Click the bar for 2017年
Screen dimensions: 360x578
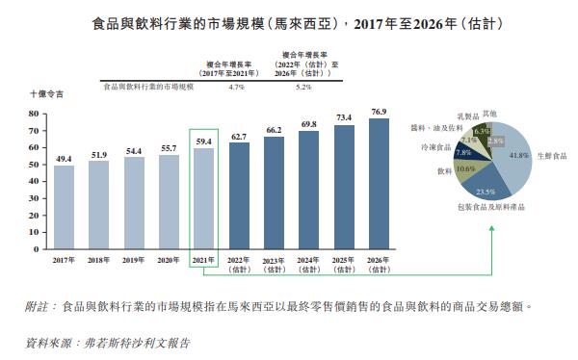(x=64, y=206)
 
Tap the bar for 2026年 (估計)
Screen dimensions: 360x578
(x=379, y=182)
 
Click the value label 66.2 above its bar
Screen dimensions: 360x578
(x=274, y=130)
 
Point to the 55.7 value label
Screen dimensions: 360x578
(x=169, y=147)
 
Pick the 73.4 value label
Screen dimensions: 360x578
(x=344, y=117)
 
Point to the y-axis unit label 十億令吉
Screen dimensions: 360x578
(x=46, y=96)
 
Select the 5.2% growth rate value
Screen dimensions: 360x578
(x=304, y=87)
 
